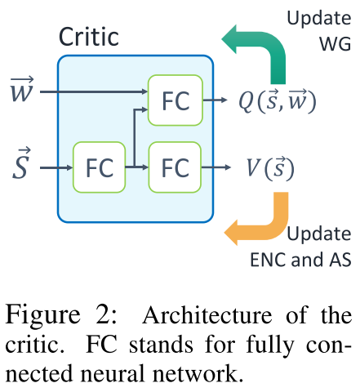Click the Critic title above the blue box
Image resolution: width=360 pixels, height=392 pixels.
coord(89,37)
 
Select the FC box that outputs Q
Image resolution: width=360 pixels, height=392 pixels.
coord(176,100)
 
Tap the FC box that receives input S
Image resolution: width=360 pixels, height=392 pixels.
coord(100,167)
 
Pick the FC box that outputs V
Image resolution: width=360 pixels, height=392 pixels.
coord(175,167)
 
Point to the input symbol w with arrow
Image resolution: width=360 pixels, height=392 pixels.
coord(22,89)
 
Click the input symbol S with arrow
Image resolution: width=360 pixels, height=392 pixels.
coord(21,163)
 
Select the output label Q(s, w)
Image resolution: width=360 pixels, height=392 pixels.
coord(278,100)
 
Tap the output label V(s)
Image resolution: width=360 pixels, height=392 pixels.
coord(270,167)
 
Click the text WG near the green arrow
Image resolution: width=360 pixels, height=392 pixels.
coord(335,44)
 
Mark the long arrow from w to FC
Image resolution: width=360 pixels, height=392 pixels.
coord(94,92)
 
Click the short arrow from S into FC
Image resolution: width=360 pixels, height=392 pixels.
coord(56,167)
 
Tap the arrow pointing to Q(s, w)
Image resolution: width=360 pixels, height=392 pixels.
coord(215,100)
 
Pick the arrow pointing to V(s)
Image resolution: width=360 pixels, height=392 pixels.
coord(216,167)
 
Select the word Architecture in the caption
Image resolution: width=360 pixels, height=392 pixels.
coord(207,315)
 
